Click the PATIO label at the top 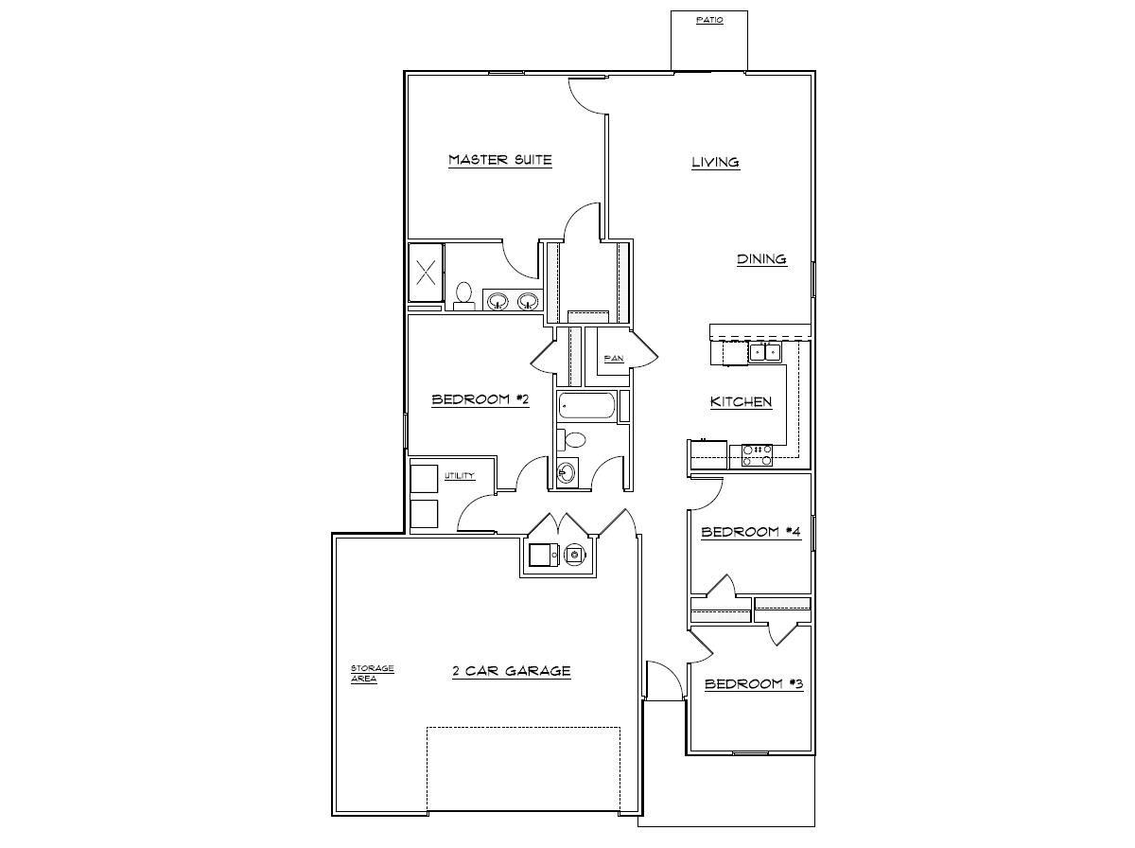click(x=709, y=20)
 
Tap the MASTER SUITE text click(x=499, y=160)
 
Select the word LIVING click(x=715, y=163)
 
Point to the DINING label click(x=761, y=259)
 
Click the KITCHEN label click(x=741, y=402)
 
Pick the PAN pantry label click(x=613, y=359)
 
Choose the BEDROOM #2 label click(x=480, y=399)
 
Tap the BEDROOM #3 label click(x=754, y=683)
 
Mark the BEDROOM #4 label click(x=751, y=532)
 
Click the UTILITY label click(x=460, y=475)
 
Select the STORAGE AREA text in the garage click(x=372, y=674)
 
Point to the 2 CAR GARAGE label click(x=511, y=671)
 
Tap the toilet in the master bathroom click(x=464, y=295)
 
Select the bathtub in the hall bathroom click(x=586, y=407)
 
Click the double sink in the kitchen click(x=765, y=353)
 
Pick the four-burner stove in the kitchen click(x=757, y=455)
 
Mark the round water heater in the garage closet click(x=574, y=556)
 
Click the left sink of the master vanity click(x=498, y=302)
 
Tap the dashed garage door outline click(x=523, y=768)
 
